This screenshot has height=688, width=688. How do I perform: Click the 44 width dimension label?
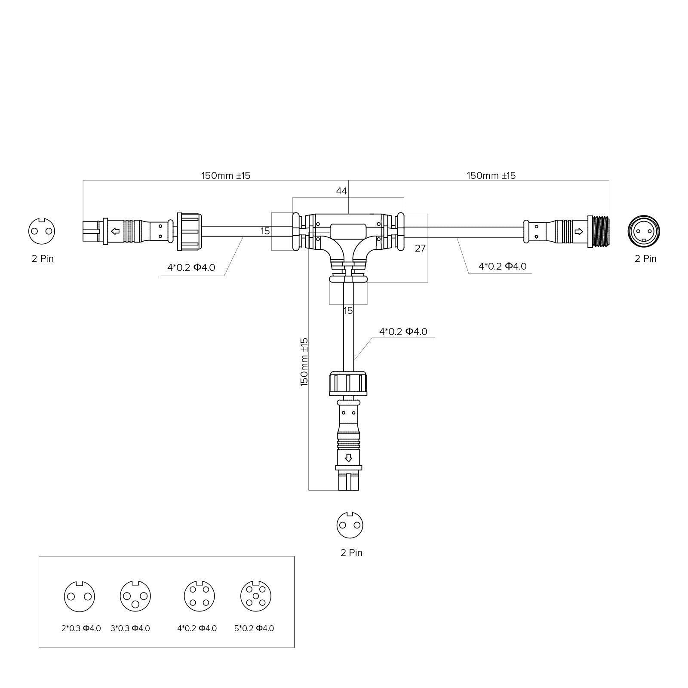click(341, 191)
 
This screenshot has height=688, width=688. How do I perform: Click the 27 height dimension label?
click(420, 248)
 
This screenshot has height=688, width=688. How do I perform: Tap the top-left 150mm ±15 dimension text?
click(226, 175)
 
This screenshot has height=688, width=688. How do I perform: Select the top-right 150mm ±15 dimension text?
click(491, 175)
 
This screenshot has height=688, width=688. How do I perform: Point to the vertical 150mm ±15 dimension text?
click(304, 362)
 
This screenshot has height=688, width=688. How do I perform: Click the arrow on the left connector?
click(115, 231)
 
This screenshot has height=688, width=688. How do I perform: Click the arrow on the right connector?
click(579, 231)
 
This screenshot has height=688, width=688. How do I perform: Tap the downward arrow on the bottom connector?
click(348, 458)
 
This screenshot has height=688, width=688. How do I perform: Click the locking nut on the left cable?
click(189, 231)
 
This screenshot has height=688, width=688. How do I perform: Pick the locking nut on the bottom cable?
click(348, 384)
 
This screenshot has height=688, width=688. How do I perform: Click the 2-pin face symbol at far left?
click(42, 231)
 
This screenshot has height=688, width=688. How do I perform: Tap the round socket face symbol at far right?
click(644, 231)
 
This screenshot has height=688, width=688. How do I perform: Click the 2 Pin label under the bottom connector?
click(351, 553)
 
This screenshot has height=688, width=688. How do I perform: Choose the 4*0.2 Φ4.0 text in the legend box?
click(197, 628)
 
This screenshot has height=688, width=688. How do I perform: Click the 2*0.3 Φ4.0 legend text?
click(81, 628)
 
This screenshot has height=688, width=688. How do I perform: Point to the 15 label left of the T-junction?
click(265, 231)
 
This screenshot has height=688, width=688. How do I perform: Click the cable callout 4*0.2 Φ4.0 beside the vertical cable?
click(403, 332)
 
